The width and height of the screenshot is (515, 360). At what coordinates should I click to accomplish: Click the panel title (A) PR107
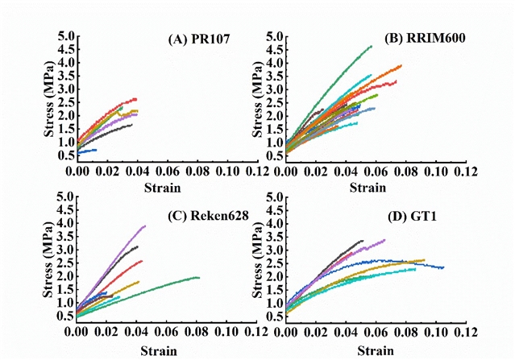tap(197, 39)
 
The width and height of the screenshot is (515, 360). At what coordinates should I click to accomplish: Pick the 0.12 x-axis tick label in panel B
tap(465, 173)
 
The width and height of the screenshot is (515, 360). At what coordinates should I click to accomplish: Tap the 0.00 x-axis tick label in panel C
tap(77, 333)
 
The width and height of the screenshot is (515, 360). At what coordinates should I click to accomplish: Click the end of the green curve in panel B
tap(371, 47)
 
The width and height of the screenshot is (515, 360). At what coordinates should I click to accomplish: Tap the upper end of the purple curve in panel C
tap(144, 226)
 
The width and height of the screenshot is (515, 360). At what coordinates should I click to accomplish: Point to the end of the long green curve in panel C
tap(198, 278)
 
